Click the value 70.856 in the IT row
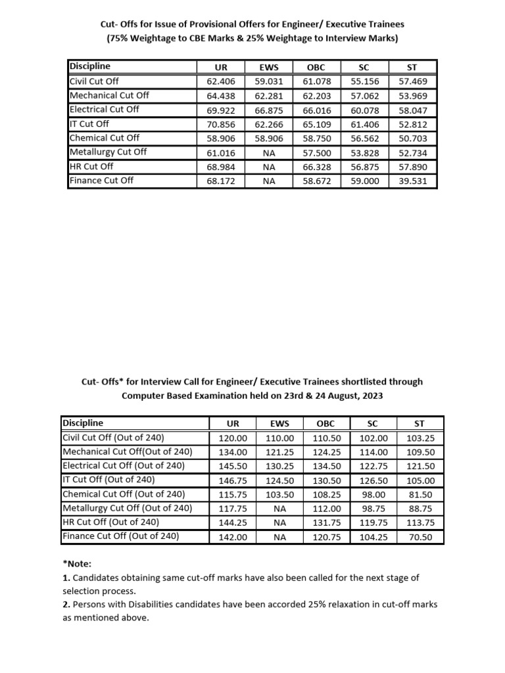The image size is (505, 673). pyautogui.click(x=221, y=124)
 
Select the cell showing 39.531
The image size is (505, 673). pyautogui.click(x=413, y=180)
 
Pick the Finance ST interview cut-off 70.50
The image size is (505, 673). pyautogui.click(x=420, y=537)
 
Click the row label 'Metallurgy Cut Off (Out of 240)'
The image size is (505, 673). pyautogui.click(x=127, y=508)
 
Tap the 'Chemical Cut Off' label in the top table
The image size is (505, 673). pyautogui.click(x=105, y=137)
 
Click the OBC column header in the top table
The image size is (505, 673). pyautogui.click(x=317, y=67)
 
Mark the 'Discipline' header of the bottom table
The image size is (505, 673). pyautogui.click(x=82, y=423)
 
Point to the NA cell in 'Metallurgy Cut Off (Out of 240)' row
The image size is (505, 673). pyautogui.click(x=279, y=509)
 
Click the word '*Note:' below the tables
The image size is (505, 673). pyautogui.click(x=77, y=564)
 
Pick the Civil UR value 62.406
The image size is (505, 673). pyautogui.click(x=221, y=81)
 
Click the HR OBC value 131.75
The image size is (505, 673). pyautogui.click(x=326, y=522)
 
